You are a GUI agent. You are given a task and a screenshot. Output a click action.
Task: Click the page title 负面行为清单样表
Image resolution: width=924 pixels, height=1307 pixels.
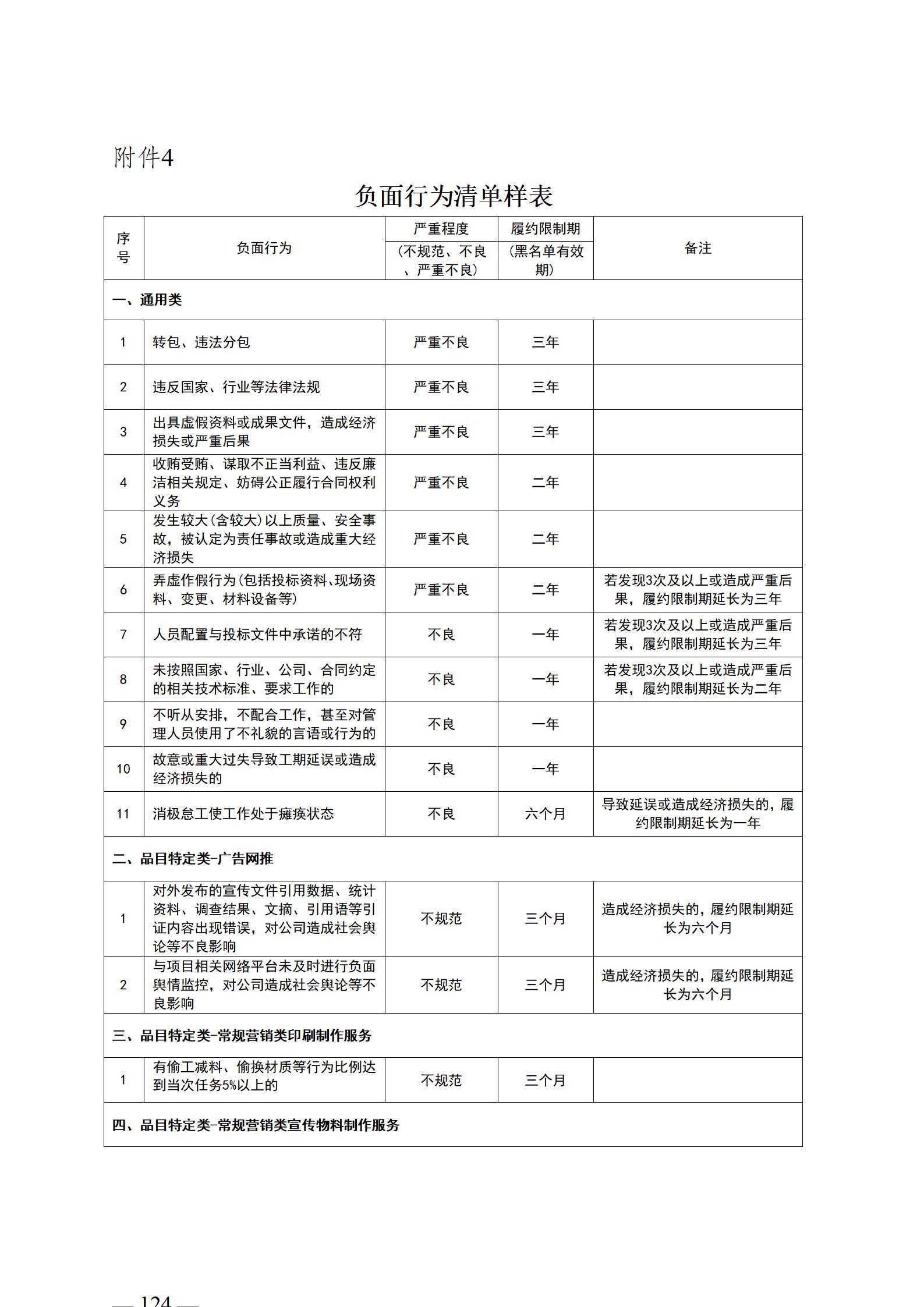(454, 196)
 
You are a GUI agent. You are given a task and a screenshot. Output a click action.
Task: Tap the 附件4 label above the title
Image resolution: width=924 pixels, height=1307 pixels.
(143, 157)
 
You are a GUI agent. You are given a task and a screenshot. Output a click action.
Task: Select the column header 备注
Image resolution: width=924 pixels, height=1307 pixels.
(698, 248)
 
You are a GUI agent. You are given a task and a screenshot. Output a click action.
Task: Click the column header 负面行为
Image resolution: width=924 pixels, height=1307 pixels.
(264, 248)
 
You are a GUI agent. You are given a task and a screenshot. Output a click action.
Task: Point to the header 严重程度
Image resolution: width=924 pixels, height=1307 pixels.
(441, 229)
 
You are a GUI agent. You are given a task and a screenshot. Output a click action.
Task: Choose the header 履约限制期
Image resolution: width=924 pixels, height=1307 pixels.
(545, 229)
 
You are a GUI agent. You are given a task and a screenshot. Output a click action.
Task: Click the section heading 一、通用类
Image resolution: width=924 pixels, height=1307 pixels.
(147, 300)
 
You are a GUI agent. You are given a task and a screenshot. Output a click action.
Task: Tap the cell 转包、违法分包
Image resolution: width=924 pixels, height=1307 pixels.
(201, 342)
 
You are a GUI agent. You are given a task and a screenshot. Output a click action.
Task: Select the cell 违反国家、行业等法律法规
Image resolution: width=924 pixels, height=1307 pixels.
(236, 387)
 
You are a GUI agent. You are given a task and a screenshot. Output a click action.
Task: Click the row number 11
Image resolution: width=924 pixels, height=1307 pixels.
(123, 813)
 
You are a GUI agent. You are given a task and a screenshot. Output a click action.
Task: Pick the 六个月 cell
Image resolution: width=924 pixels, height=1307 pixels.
(545, 813)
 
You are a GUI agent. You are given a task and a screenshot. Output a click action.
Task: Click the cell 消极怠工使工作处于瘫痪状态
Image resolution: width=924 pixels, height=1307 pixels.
(243, 813)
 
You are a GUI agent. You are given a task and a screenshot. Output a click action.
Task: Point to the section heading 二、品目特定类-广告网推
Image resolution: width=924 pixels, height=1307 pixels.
(193, 859)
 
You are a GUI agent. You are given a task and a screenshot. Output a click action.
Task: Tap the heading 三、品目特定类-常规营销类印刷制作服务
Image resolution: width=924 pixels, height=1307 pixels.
(242, 1035)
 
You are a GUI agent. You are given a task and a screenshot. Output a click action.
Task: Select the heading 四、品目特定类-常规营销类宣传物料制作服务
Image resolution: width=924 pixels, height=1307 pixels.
(256, 1125)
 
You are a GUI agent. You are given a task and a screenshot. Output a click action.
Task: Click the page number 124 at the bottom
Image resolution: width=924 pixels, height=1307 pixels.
(155, 1299)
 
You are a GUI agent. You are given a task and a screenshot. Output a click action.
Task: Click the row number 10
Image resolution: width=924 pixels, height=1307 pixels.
(123, 769)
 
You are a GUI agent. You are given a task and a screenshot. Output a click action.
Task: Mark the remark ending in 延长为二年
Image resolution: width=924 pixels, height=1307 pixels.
(698, 679)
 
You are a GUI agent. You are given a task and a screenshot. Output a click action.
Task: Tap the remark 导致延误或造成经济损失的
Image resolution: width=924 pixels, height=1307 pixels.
(698, 813)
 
